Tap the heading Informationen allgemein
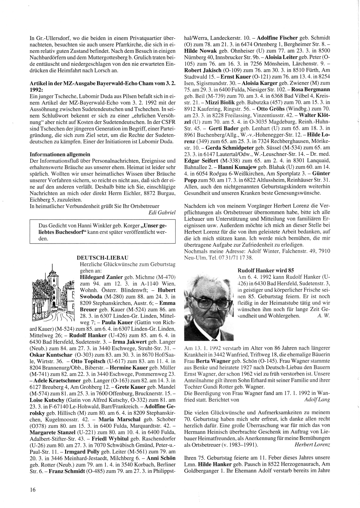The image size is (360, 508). pyautogui.click(x=60, y=154)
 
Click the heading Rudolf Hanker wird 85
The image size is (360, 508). pyautogui.click(x=266, y=270)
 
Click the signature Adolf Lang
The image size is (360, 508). pyautogui.click(x=317, y=399)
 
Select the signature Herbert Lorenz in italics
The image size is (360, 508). pyautogui.click(x=312, y=445)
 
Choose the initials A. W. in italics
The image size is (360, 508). pyautogui.click(x=323, y=316)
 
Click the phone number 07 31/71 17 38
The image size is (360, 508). pyautogui.click(x=235, y=258)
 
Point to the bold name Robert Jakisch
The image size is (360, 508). pyautogui.click(x=199, y=69)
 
